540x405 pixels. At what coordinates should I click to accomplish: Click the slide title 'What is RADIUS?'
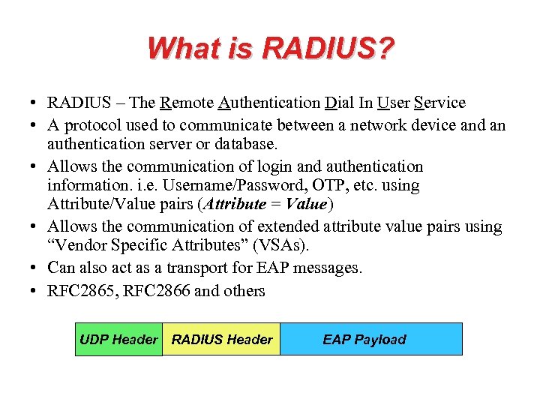click(x=270, y=49)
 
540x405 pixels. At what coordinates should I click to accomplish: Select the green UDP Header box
click(x=118, y=340)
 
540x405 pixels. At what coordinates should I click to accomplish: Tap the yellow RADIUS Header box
click(x=222, y=340)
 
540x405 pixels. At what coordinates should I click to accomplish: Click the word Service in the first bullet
click(x=439, y=103)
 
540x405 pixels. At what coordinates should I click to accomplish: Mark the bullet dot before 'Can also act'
click(x=36, y=268)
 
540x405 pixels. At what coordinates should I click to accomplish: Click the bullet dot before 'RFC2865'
click(x=36, y=291)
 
